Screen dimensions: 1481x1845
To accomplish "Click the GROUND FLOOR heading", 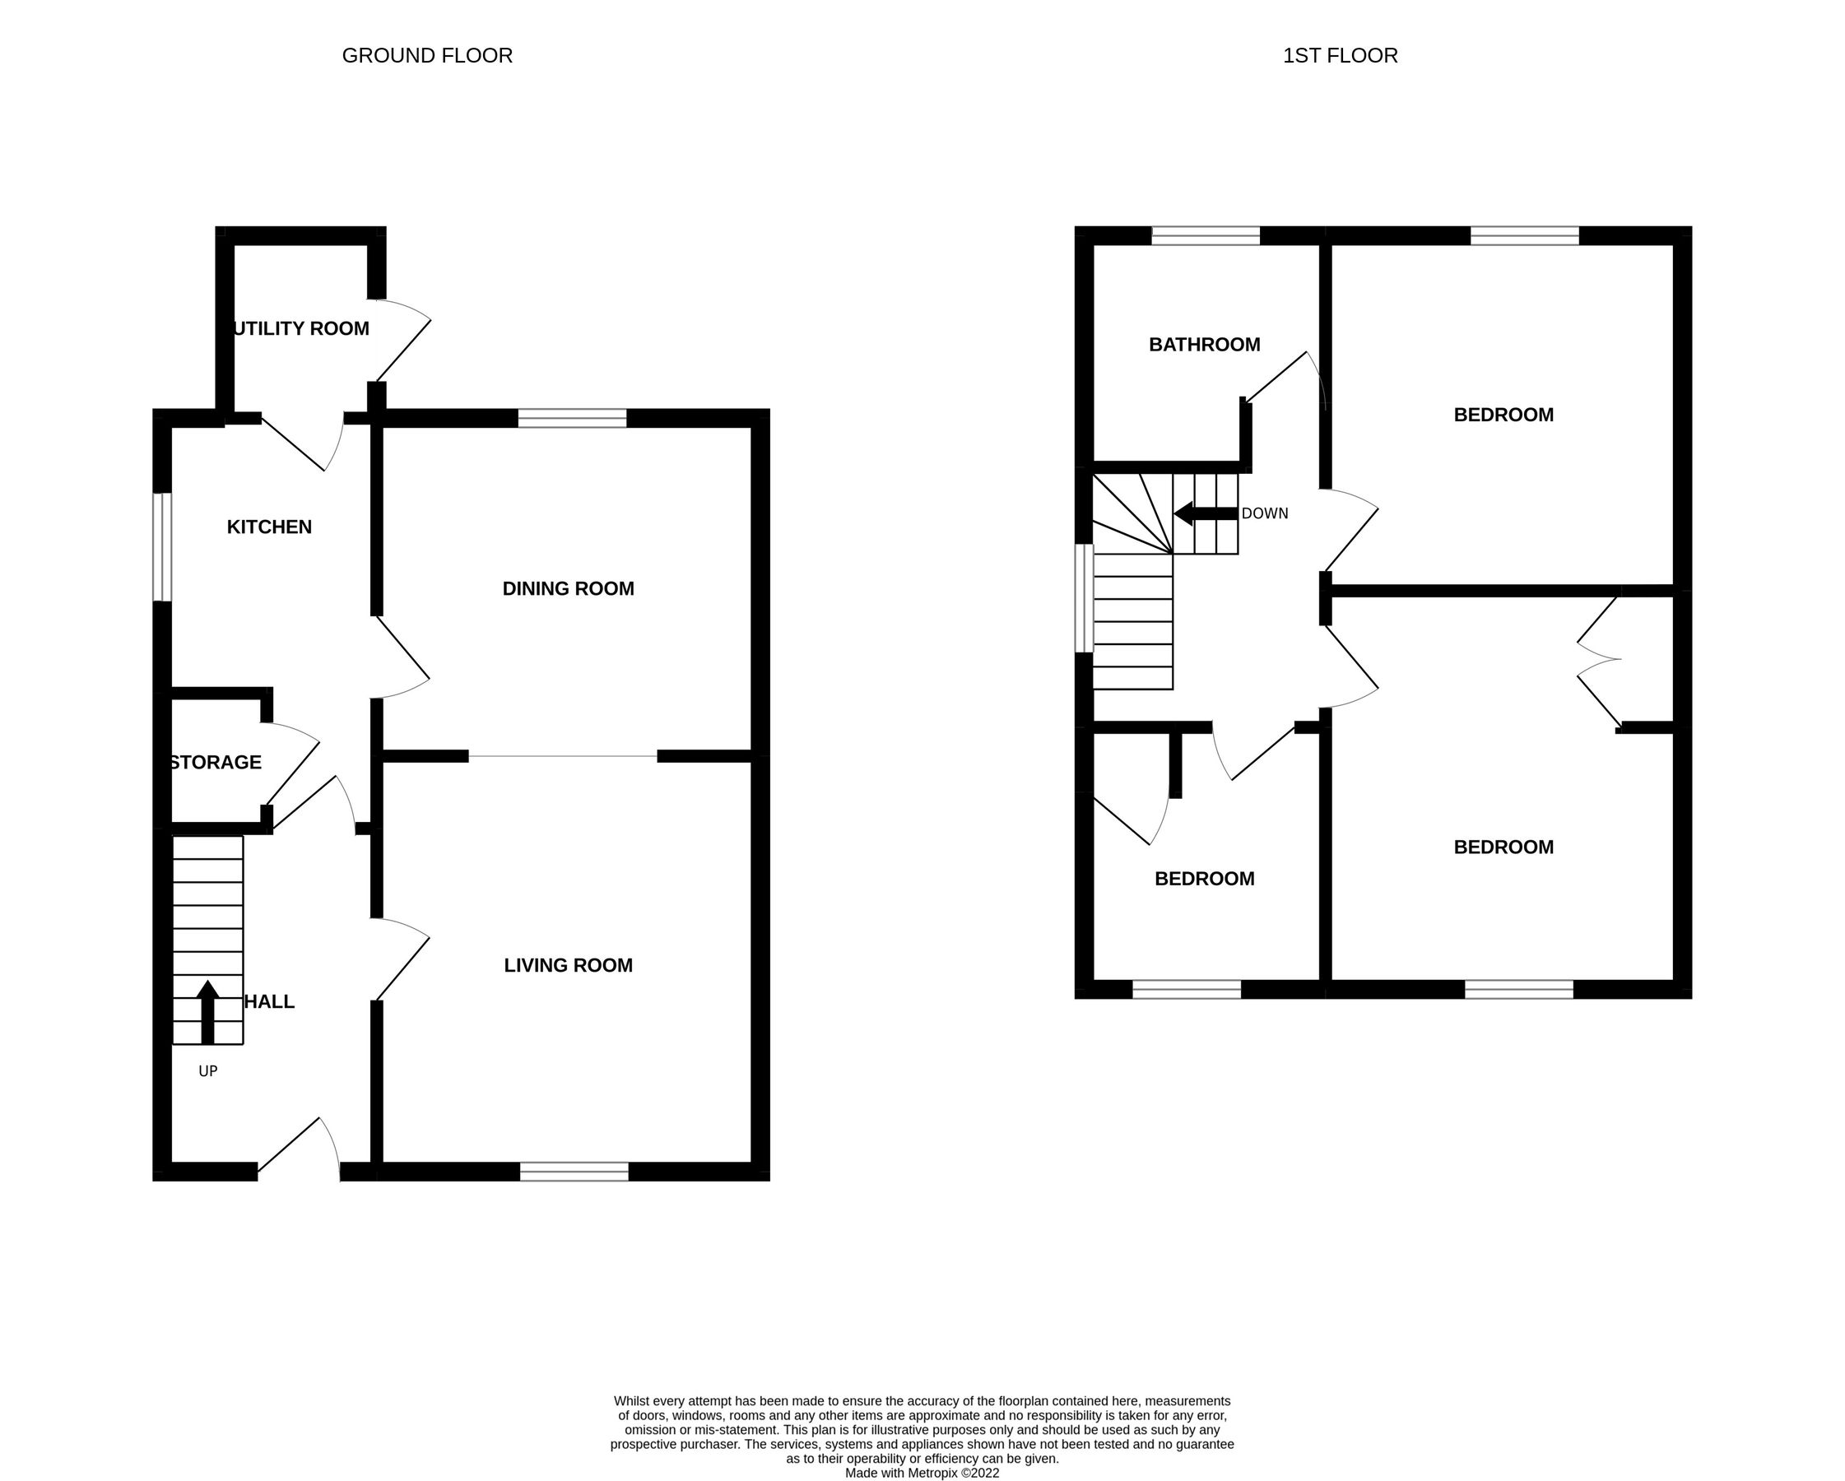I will pos(427,56).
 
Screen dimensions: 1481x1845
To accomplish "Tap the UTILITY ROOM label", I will pos(301,328).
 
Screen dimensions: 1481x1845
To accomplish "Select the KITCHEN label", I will pos(269,527).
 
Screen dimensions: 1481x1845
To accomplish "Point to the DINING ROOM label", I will pos(568,588).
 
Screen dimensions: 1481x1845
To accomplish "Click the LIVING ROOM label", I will pos(568,965).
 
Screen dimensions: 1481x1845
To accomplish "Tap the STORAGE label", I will pos(216,763).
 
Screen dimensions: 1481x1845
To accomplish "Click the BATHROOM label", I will pos(1204,345).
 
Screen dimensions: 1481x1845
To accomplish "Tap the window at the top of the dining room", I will pos(573,417).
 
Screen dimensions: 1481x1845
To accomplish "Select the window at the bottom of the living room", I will pos(574,1172).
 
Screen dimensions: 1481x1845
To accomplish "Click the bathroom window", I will pos(1205,235).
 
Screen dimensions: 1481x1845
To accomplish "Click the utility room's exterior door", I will pos(402,342).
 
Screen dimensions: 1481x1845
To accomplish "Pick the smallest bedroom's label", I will pos(1204,879).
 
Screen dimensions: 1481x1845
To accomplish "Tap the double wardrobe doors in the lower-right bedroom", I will pos(1599,660).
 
